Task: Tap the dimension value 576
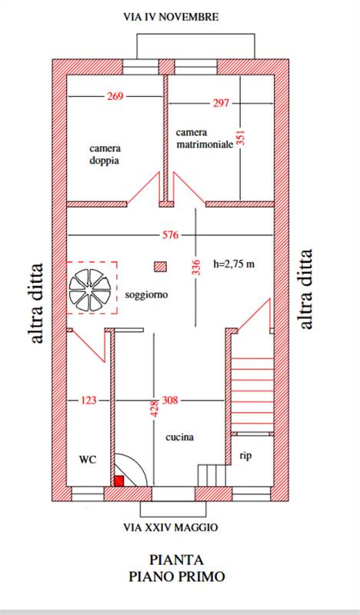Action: [170, 235]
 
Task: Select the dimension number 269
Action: [115, 96]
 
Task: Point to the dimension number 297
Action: [221, 103]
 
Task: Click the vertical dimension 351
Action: [241, 138]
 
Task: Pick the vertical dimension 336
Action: [197, 267]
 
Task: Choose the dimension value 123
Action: [88, 401]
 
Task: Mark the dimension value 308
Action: [170, 401]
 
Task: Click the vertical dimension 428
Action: [155, 408]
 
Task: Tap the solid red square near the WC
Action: [119, 481]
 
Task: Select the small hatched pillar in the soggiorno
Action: [160, 267]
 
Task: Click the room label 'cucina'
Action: [179, 437]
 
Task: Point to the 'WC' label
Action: [88, 459]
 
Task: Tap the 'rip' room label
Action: [245, 456]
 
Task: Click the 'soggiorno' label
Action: [146, 294]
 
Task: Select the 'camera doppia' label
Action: [105, 155]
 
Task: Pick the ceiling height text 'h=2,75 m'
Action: [234, 264]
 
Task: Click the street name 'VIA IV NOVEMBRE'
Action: [171, 17]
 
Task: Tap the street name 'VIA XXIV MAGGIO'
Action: [171, 527]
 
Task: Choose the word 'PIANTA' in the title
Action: [176, 560]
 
